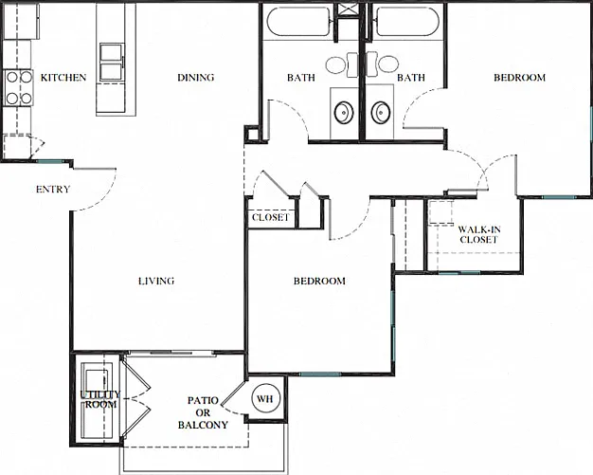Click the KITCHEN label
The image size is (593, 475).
[63, 78]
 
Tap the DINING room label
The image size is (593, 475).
[196, 78]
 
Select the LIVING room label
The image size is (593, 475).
[156, 281]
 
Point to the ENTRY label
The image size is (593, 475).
[53, 189]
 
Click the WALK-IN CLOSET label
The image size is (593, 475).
[478, 234]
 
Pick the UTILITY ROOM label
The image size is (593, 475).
[100, 399]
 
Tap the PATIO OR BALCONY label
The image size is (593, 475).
[203, 412]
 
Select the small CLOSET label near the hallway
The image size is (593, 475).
[270, 218]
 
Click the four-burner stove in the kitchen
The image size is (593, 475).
[18, 88]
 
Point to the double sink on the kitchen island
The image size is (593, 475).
[112, 62]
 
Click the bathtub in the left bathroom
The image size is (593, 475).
[298, 22]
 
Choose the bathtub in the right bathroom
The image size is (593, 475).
[408, 22]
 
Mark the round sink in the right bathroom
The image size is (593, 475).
[380, 112]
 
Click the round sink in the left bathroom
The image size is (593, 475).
[344, 112]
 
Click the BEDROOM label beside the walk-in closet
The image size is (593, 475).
[520, 78]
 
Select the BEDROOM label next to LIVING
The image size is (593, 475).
[319, 281]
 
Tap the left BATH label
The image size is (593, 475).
[301, 78]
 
